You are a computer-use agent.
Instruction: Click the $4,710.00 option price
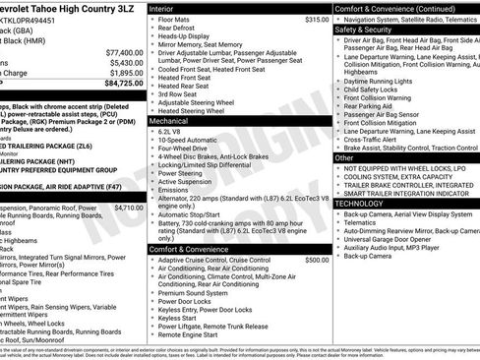coord(128,208)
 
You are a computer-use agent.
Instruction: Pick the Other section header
coord(344,157)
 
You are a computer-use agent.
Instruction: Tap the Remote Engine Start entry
coord(192,334)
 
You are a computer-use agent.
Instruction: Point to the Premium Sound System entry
coord(195,292)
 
